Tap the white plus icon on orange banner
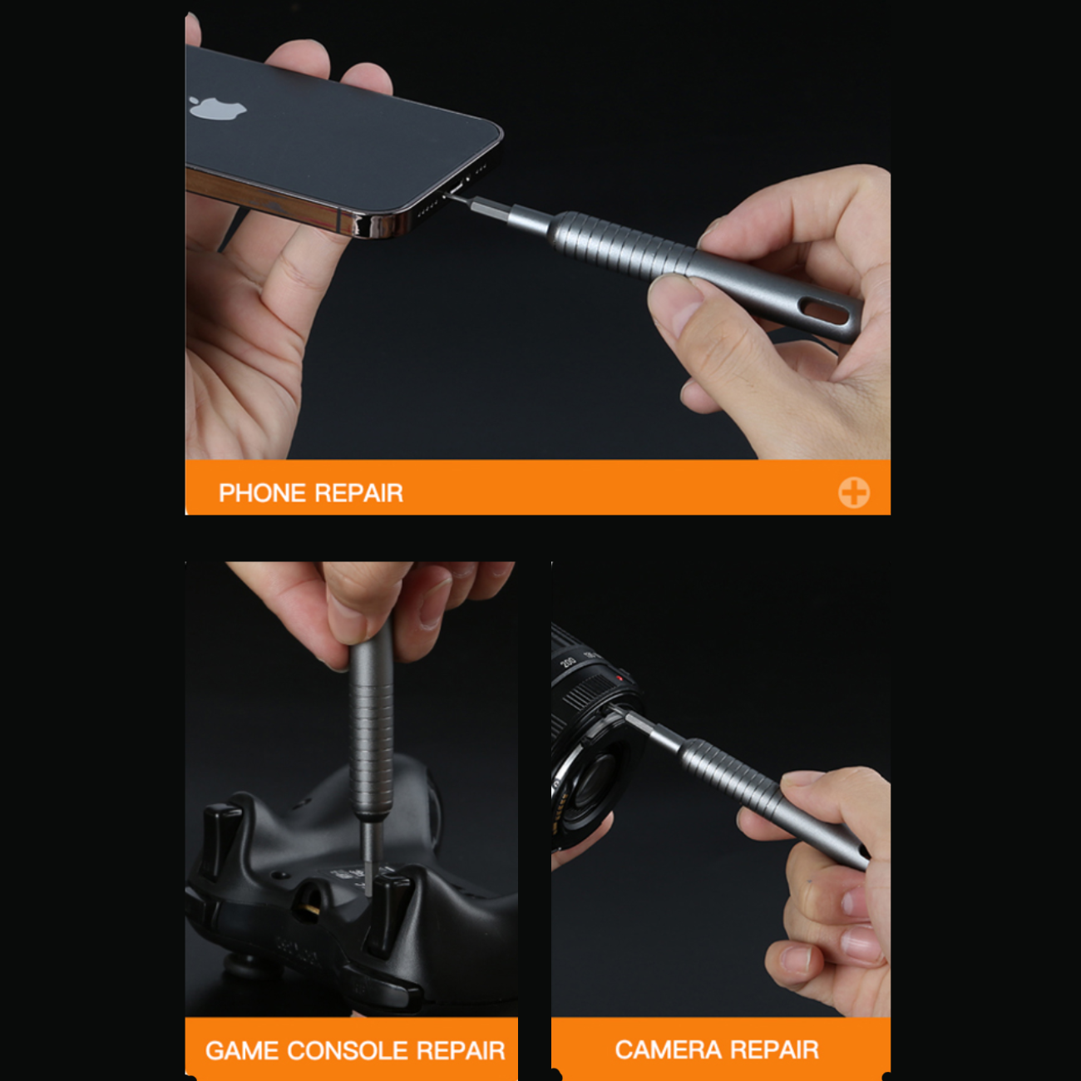click(854, 492)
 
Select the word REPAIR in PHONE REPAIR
click(358, 493)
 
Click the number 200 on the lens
click(567, 661)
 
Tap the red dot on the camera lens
click(619, 679)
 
